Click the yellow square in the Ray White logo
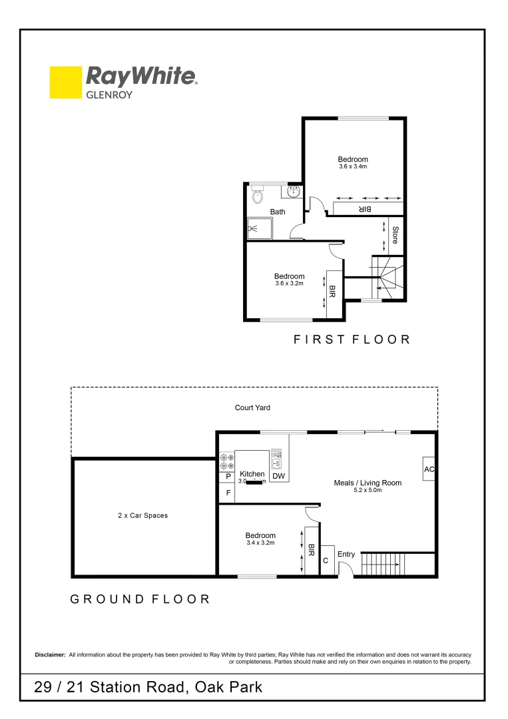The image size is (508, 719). pyautogui.click(x=65, y=83)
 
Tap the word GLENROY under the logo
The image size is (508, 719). pyautogui.click(x=109, y=95)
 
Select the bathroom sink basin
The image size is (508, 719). pyautogui.click(x=293, y=192)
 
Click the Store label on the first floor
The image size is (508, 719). pyautogui.click(x=395, y=235)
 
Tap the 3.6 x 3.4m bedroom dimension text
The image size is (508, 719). pyautogui.click(x=352, y=166)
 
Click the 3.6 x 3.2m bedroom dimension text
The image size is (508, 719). pyautogui.click(x=289, y=284)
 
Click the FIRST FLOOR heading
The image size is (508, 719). pyautogui.click(x=352, y=340)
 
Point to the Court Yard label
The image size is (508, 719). pyautogui.click(x=252, y=407)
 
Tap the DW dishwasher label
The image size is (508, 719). pyautogui.click(x=278, y=477)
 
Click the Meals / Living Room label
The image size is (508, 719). pyautogui.click(x=368, y=483)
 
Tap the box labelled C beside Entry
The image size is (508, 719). pyautogui.click(x=326, y=561)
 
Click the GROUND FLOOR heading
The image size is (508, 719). pyautogui.click(x=140, y=599)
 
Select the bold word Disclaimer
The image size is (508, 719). pyautogui.click(x=50, y=655)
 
